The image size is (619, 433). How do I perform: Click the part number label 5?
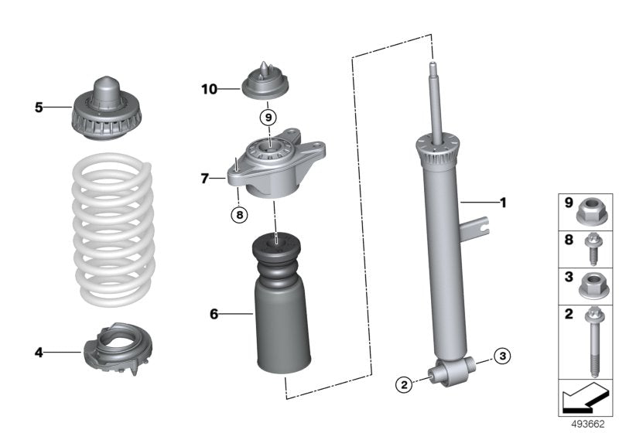(x=39, y=107)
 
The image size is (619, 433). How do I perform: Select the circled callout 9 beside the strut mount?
(x=267, y=118)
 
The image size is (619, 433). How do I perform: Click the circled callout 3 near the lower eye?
(x=502, y=356)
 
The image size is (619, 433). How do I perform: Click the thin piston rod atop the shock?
(x=436, y=101)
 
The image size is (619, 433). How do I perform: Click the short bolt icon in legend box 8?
(x=592, y=248)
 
